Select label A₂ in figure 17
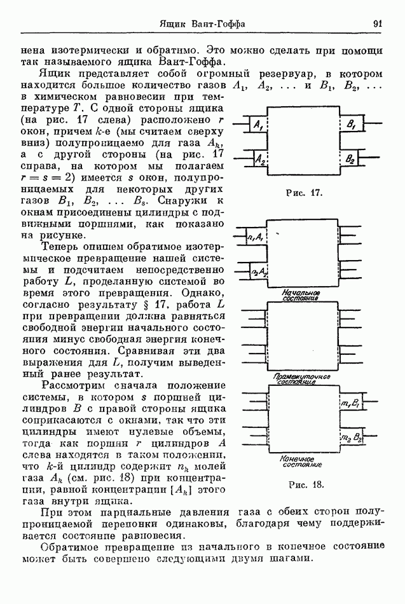pyautogui.click(x=259, y=161)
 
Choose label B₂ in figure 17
pyautogui.click(x=350, y=161)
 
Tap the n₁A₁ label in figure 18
pyautogui.click(x=256, y=237)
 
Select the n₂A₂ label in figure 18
pyautogui.click(x=257, y=273)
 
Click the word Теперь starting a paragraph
pyautogui.click(x=61, y=249)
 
